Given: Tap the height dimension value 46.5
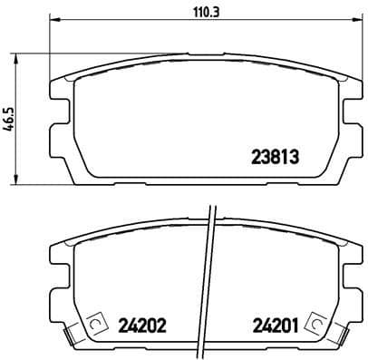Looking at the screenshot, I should [11, 120].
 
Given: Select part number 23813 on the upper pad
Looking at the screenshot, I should [274, 155].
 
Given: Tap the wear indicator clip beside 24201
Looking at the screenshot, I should [314, 322].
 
